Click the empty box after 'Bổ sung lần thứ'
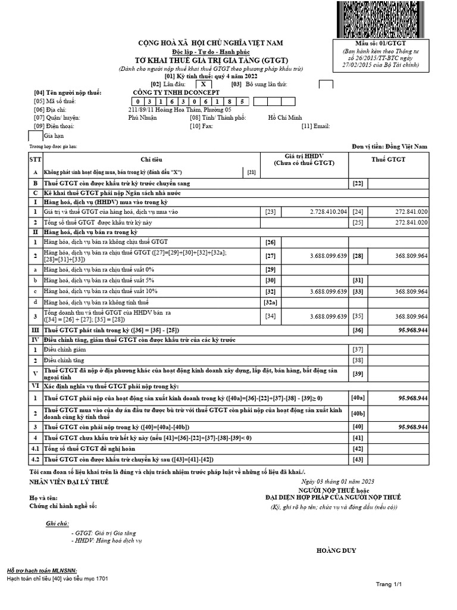(x=325, y=84)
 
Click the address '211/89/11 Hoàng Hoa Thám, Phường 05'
(x=180, y=110)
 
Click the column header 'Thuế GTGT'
(x=389, y=160)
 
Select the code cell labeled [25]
(x=358, y=222)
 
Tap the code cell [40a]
(x=358, y=397)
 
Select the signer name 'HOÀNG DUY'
(x=336, y=550)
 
